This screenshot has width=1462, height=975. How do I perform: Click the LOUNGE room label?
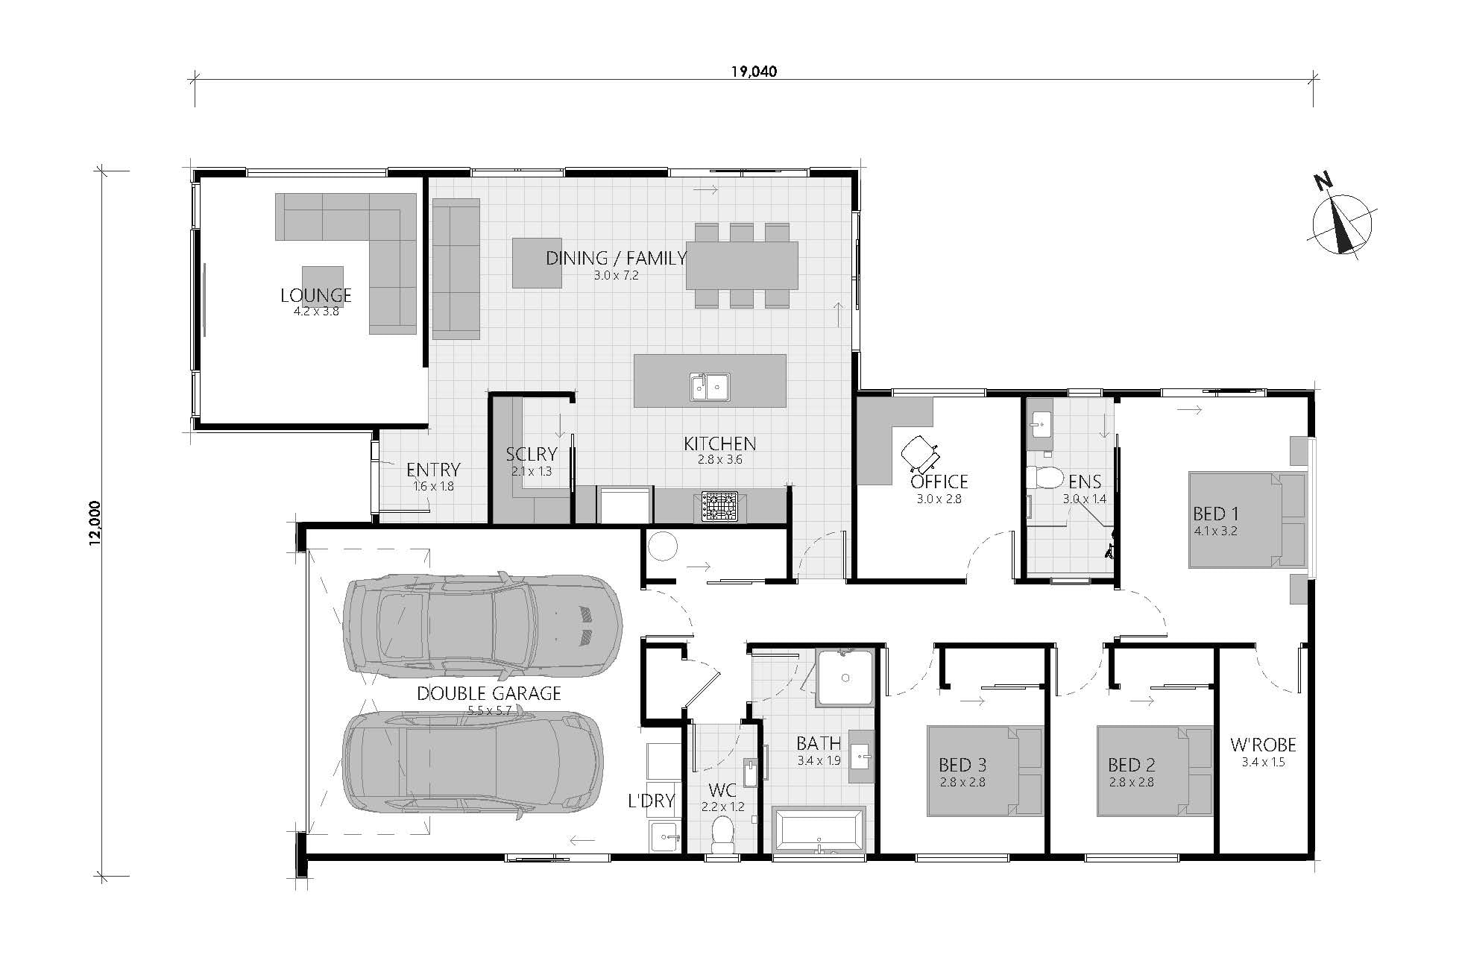(x=315, y=295)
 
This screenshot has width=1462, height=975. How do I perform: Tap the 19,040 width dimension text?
(x=753, y=72)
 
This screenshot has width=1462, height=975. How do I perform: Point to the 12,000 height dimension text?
(x=94, y=523)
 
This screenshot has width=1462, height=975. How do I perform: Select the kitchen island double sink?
(x=709, y=385)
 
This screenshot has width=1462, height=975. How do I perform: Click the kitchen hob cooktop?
(x=716, y=506)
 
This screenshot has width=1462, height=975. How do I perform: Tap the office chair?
(x=920, y=452)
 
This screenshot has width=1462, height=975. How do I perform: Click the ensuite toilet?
(x=1044, y=477)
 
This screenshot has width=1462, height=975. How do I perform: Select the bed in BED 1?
(x=1247, y=520)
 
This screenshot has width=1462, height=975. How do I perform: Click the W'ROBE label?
(x=1262, y=745)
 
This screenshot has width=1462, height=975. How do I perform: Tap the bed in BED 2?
(x=1153, y=772)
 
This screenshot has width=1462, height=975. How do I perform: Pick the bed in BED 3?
(x=984, y=772)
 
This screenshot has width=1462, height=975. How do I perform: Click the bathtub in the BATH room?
(x=819, y=829)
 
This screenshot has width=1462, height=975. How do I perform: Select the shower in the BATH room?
(x=845, y=678)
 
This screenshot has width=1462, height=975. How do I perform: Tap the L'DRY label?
(x=651, y=801)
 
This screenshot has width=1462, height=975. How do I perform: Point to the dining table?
(x=741, y=265)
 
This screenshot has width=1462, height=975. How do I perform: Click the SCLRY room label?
(x=531, y=455)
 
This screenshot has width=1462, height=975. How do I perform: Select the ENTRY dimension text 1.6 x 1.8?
(x=433, y=486)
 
